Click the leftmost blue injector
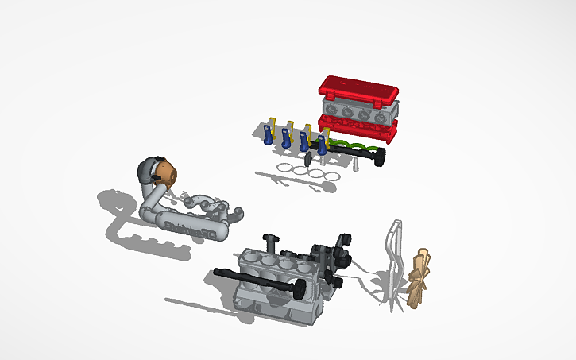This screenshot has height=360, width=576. (x=268, y=137)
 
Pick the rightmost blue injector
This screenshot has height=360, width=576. (x=322, y=145)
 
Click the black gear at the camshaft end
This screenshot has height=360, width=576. (x=381, y=157)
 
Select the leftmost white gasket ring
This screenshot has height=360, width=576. (x=285, y=167)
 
